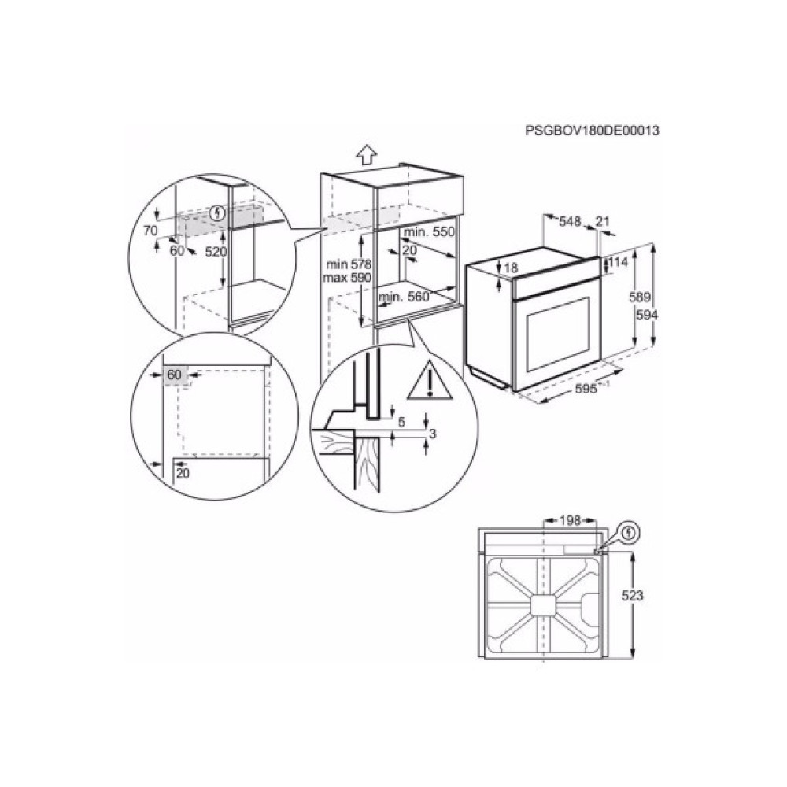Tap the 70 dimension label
(151, 230)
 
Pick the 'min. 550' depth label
(430, 233)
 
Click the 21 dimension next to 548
(603, 223)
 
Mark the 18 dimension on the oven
(511, 268)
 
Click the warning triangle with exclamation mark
(428, 381)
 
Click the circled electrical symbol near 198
(628, 534)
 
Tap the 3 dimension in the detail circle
(433, 433)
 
